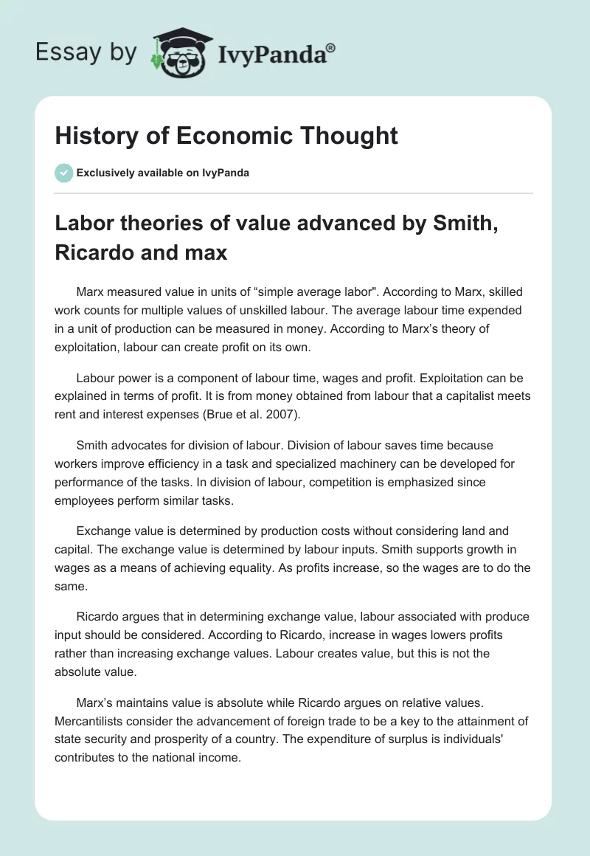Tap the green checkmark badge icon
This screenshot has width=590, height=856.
tap(63, 173)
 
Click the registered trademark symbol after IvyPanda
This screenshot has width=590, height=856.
tap(331, 47)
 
